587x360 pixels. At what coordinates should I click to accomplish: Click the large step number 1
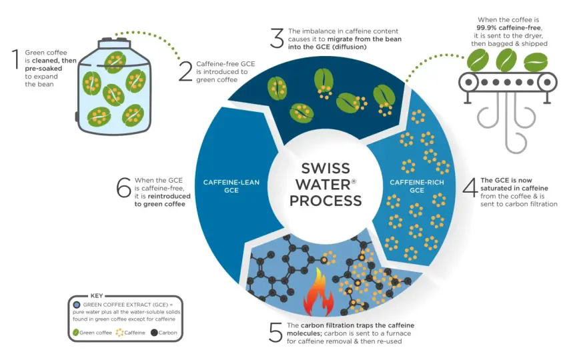click(16, 59)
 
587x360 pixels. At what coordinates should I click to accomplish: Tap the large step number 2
click(185, 71)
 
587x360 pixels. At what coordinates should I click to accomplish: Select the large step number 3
click(277, 39)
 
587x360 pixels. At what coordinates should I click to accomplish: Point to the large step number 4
click(470, 187)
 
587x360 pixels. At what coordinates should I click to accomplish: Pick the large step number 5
click(275, 332)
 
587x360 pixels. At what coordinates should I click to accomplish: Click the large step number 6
click(123, 187)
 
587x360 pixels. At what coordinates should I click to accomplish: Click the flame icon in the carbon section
click(318, 293)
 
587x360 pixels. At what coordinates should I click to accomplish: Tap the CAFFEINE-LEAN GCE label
click(231, 187)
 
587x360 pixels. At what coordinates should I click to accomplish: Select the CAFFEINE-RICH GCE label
click(417, 187)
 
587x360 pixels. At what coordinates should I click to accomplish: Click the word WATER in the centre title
click(323, 185)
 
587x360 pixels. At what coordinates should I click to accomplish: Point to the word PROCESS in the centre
click(326, 201)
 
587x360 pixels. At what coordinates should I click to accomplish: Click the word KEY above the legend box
click(97, 295)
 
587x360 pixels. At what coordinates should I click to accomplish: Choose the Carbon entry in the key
click(164, 332)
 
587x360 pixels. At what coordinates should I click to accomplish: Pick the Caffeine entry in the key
click(131, 332)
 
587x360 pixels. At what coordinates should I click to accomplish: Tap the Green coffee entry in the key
click(93, 332)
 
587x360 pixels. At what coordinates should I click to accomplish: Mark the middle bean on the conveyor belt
click(506, 60)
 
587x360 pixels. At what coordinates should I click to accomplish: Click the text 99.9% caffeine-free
click(509, 28)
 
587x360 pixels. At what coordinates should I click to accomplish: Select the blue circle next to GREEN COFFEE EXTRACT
click(77, 305)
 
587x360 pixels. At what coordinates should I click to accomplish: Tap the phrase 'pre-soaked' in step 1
click(43, 69)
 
